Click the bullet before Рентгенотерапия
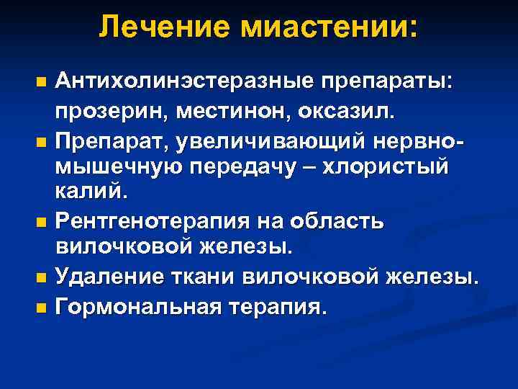tap(41, 223)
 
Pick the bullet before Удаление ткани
tap(41, 276)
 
